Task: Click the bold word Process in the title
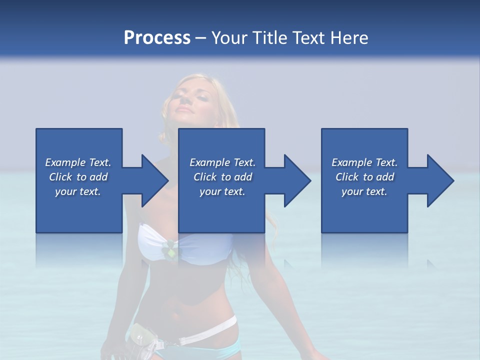157,38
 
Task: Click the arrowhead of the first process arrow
154,180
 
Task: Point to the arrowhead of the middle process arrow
297,180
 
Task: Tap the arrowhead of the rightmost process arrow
440,180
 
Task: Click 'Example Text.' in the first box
78,162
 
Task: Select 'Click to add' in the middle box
222,177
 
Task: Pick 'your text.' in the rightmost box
364,191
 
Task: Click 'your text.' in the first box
78,191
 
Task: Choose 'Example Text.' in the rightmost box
364,162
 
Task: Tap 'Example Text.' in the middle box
222,162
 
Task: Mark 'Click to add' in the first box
78,177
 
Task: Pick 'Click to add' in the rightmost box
364,177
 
